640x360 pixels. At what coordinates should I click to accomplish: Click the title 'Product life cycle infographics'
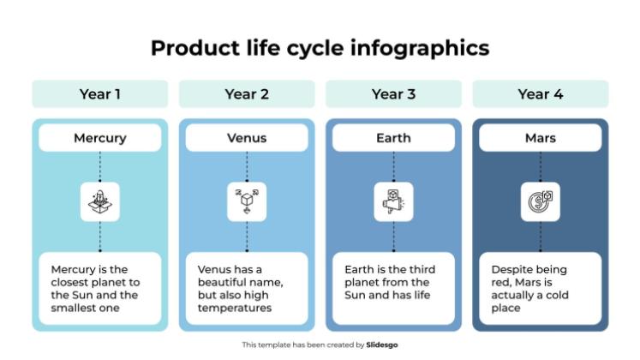tap(320, 47)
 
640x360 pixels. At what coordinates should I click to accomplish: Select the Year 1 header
tap(100, 94)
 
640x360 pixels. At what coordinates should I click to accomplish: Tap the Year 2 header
tap(247, 94)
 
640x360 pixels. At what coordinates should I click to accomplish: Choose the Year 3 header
tap(393, 94)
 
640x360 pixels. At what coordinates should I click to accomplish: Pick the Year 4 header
tap(541, 94)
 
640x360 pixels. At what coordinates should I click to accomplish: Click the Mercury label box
tap(100, 138)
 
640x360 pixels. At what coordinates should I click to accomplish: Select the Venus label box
tap(247, 138)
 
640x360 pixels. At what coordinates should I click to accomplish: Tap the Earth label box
tap(393, 138)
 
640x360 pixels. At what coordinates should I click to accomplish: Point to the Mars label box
tap(541, 138)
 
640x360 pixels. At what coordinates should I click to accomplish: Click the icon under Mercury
tap(100, 202)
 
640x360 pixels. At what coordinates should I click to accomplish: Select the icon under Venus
tap(247, 202)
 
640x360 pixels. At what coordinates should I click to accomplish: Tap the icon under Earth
tap(393, 202)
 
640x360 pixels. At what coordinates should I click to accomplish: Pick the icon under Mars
tap(541, 202)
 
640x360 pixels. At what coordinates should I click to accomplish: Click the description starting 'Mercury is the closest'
tap(95, 288)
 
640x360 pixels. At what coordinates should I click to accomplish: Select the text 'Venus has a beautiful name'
tap(241, 288)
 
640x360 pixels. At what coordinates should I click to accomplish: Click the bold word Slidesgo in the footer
tap(382, 345)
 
